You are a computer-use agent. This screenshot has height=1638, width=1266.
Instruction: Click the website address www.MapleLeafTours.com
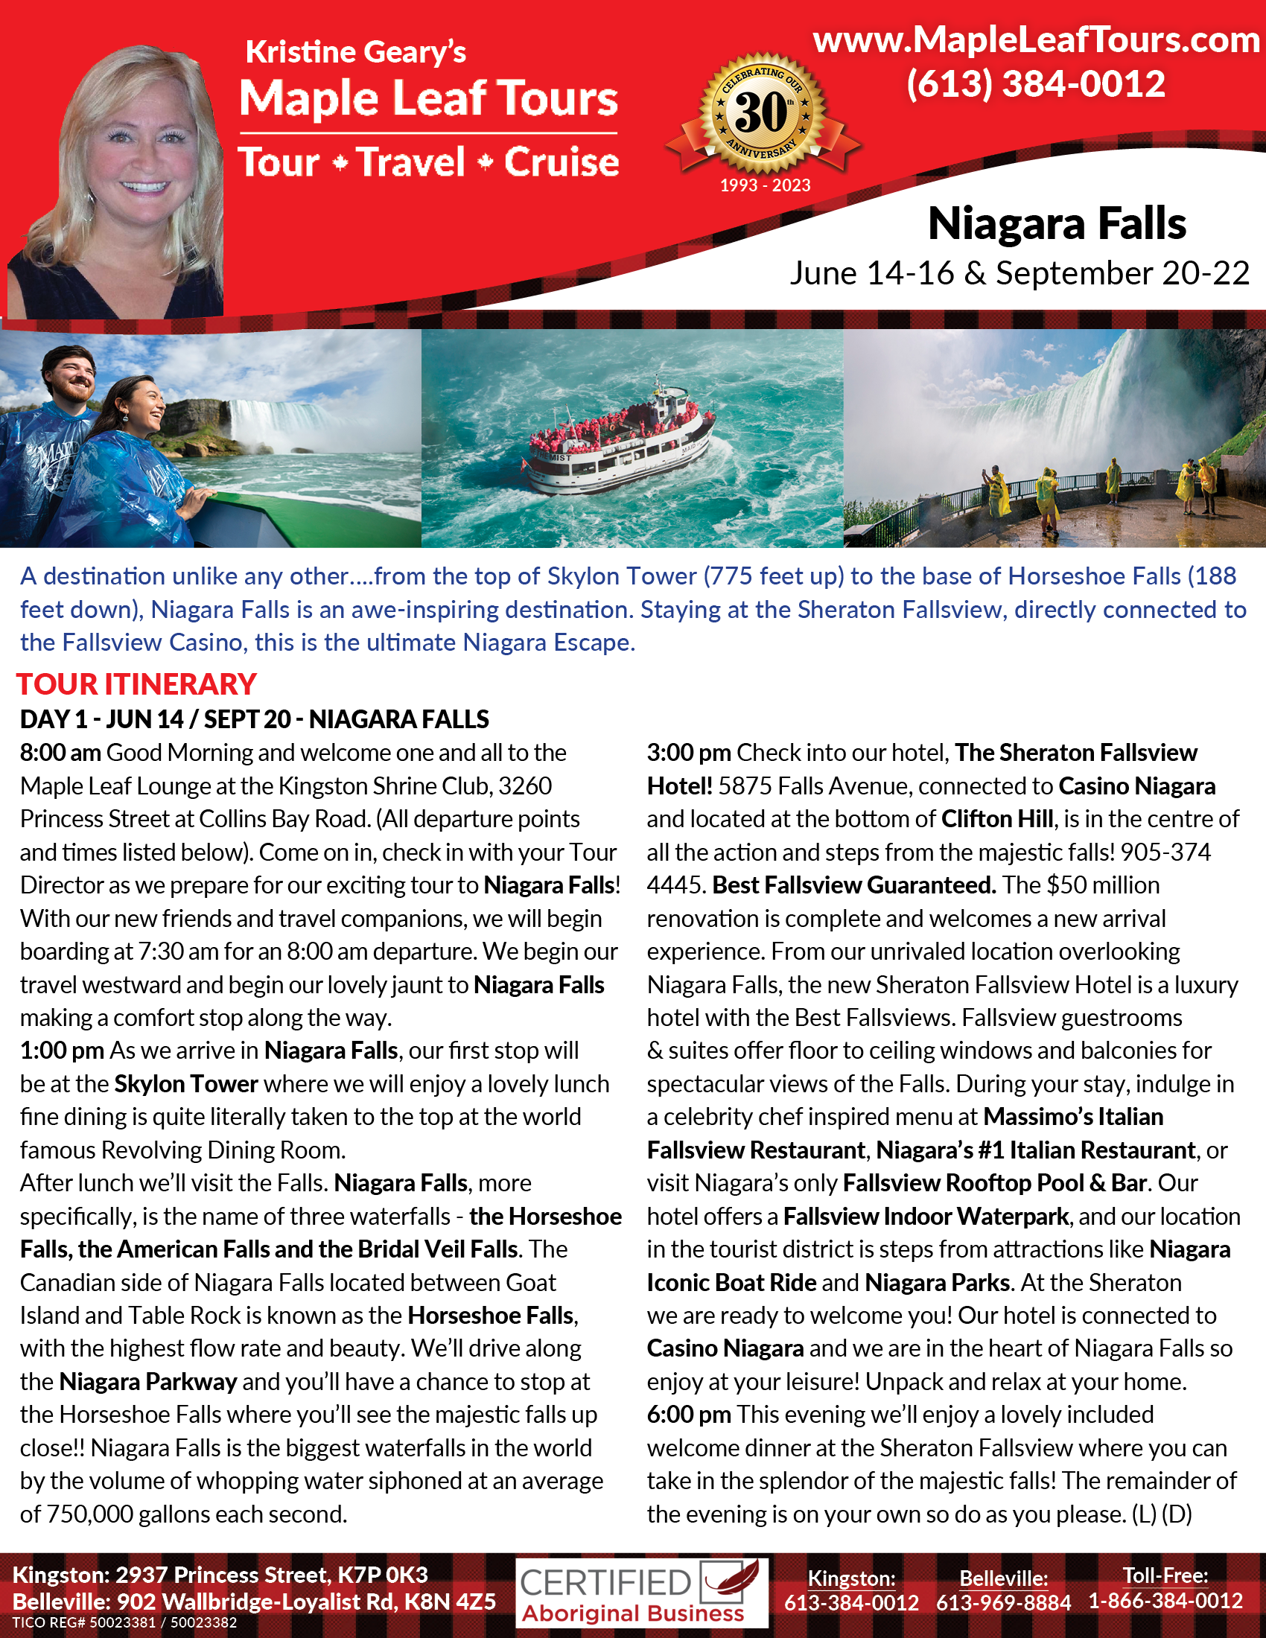point(1036,39)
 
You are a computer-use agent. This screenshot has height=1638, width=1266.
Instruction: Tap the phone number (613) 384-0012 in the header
point(1036,84)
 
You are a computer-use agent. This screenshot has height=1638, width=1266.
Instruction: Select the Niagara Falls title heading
point(1057,223)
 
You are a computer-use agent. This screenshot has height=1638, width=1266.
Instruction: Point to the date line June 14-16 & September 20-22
point(1020,274)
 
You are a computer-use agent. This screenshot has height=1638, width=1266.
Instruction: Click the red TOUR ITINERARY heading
point(136,684)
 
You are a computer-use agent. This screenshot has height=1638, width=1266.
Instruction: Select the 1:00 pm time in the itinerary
point(62,1051)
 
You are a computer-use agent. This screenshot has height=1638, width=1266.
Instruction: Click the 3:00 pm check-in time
point(689,753)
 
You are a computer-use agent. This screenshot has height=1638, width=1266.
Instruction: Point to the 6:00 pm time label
point(689,1415)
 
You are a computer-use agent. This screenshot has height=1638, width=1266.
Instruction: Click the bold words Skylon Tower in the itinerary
point(186,1084)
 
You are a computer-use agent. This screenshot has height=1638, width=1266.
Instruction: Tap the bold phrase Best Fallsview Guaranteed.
point(854,885)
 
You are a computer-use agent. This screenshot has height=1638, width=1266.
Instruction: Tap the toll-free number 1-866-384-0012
point(1165,1602)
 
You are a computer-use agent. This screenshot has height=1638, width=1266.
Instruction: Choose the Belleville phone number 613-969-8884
point(1004,1604)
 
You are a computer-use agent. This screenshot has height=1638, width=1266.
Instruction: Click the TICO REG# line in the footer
point(124,1622)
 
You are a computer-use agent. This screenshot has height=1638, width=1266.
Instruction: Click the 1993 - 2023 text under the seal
point(765,185)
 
